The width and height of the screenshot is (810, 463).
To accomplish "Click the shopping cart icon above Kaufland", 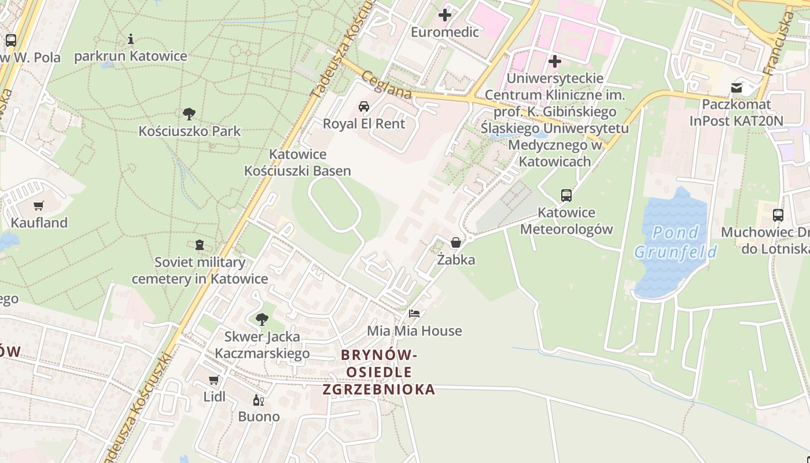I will (x=39, y=205).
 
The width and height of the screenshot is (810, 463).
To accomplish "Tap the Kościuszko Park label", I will (x=189, y=131).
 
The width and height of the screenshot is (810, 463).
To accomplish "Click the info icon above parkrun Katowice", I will (x=131, y=39).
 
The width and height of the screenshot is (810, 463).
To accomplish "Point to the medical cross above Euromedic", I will (x=445, y=15).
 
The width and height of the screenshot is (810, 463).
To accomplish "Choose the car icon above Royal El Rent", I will (x=364, y=106).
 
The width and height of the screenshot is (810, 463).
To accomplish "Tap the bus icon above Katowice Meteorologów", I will (x=566, y=196).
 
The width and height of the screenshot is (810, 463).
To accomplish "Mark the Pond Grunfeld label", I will (x=675, y=242).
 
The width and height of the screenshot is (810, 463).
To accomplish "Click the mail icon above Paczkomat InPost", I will (x=737, y=88).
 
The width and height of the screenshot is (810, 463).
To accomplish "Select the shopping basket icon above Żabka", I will (x=456, y=242).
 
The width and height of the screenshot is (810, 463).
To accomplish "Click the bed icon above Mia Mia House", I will (x=414, y=314).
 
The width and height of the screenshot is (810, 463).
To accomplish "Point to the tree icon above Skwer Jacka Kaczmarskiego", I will (x=262, y=319).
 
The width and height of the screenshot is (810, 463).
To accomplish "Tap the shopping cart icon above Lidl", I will (x=214, y=380).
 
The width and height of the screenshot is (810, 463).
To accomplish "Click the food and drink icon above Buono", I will (x=259, y=400).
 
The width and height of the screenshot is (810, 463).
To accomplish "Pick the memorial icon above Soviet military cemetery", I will (x=200, y=245).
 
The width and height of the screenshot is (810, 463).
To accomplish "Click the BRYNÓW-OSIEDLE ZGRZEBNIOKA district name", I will (x=379, y=372).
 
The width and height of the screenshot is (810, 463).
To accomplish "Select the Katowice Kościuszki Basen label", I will (x=297, y=163).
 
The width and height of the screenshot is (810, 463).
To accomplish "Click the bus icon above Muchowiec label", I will (x=778, y=215).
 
